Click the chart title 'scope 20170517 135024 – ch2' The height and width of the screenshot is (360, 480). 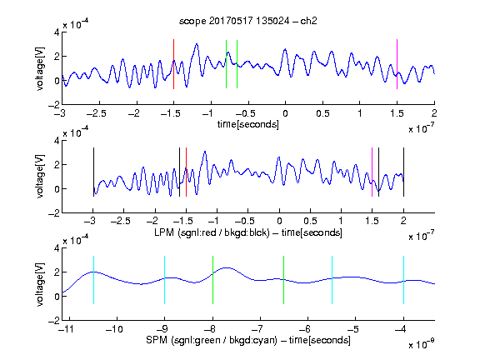[x=248, y=21]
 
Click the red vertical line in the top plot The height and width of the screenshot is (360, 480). [x=173, y=64]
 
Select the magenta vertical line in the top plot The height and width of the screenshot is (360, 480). [x=397, y=64]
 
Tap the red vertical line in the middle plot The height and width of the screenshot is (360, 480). [x=186, y=172]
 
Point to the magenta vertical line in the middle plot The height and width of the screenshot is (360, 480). [x=372, y=172]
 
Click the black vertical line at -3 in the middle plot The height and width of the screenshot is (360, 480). [x=93, y=172]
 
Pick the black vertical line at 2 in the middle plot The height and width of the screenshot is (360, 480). [x=403, y=172]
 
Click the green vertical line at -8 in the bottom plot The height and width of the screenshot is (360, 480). [x=212, y=280]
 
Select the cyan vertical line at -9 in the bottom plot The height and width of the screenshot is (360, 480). [x=164, y=280]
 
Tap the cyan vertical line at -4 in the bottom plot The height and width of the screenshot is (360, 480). [x=403, y=280]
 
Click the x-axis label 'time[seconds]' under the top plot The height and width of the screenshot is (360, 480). [x=248, y=124]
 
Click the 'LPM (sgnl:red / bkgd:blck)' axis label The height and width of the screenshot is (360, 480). [x=212, y=232]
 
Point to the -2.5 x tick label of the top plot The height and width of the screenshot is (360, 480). [x=96, y=114]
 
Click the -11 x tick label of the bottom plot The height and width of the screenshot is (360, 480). [x=65, y=329]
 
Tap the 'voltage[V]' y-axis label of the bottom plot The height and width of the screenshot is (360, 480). [x=40, y=284]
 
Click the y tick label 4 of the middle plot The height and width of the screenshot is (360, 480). [x=57, y=141]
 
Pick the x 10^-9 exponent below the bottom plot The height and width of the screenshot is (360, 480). [x=422, y=343]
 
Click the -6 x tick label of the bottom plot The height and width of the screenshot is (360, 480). [x=304, y=329]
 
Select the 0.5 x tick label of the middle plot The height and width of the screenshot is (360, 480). [x=310, y=221]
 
